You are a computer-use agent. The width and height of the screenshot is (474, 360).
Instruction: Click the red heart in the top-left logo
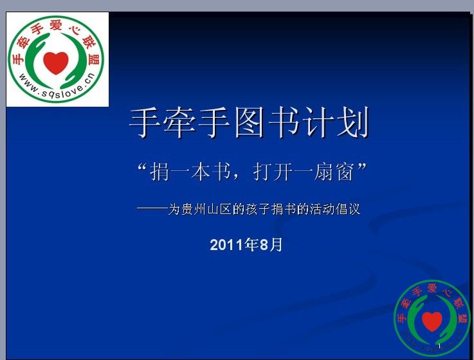point(56,63)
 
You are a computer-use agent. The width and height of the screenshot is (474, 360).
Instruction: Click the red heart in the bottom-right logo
point(432,321)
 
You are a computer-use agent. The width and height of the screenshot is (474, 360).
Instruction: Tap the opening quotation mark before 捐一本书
point(142,167)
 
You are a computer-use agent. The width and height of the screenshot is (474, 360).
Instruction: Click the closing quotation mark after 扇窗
point(362,166)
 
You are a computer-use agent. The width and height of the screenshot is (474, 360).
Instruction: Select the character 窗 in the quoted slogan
point(345,172)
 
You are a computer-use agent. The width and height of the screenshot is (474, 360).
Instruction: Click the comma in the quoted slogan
point(236,177)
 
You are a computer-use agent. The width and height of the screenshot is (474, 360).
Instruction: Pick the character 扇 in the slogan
point(324,172)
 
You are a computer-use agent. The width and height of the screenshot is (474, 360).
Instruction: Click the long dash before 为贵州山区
point(152,208)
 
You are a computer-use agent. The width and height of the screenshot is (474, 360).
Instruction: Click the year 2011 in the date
point(227,245)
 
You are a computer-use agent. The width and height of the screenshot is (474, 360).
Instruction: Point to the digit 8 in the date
point(264,245)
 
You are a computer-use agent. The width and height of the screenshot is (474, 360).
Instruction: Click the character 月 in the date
point(277,244)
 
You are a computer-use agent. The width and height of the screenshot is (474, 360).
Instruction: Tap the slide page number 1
point(440,345)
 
